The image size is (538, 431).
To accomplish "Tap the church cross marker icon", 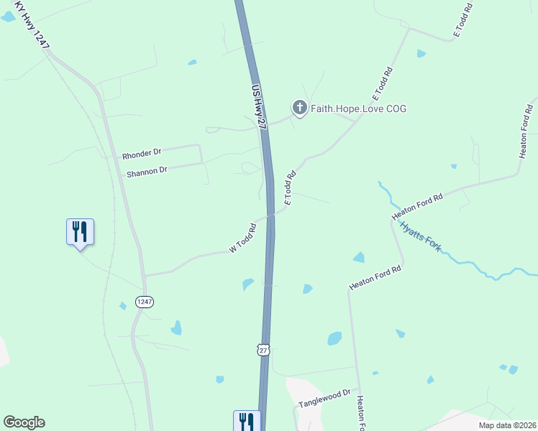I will pyautogui.click(x=299, y=108).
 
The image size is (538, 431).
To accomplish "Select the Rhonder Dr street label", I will pyautogui.click(x=142, y=153).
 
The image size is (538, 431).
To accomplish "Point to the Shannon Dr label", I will pyautogui.click(x=147, y=172).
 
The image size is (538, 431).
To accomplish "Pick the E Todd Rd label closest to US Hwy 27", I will pyautogui.click(x=291, y=188).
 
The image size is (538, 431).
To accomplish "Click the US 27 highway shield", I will pyautogui.click(x=264, y=349).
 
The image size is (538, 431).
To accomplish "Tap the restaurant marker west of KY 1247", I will pyautogui.click(x=80, y=232).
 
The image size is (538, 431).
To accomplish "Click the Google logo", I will pyautogui.click(x=24, y=422).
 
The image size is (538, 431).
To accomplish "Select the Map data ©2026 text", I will pyautogui.click(x=506, y=425).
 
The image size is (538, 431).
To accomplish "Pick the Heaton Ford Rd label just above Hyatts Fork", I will pyautogui.click(x=416, y=206).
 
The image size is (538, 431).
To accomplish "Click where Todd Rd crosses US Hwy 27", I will pyautogui.click(x=271, y=213).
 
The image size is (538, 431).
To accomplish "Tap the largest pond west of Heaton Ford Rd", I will pyautogui.click(x=334, y=338).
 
